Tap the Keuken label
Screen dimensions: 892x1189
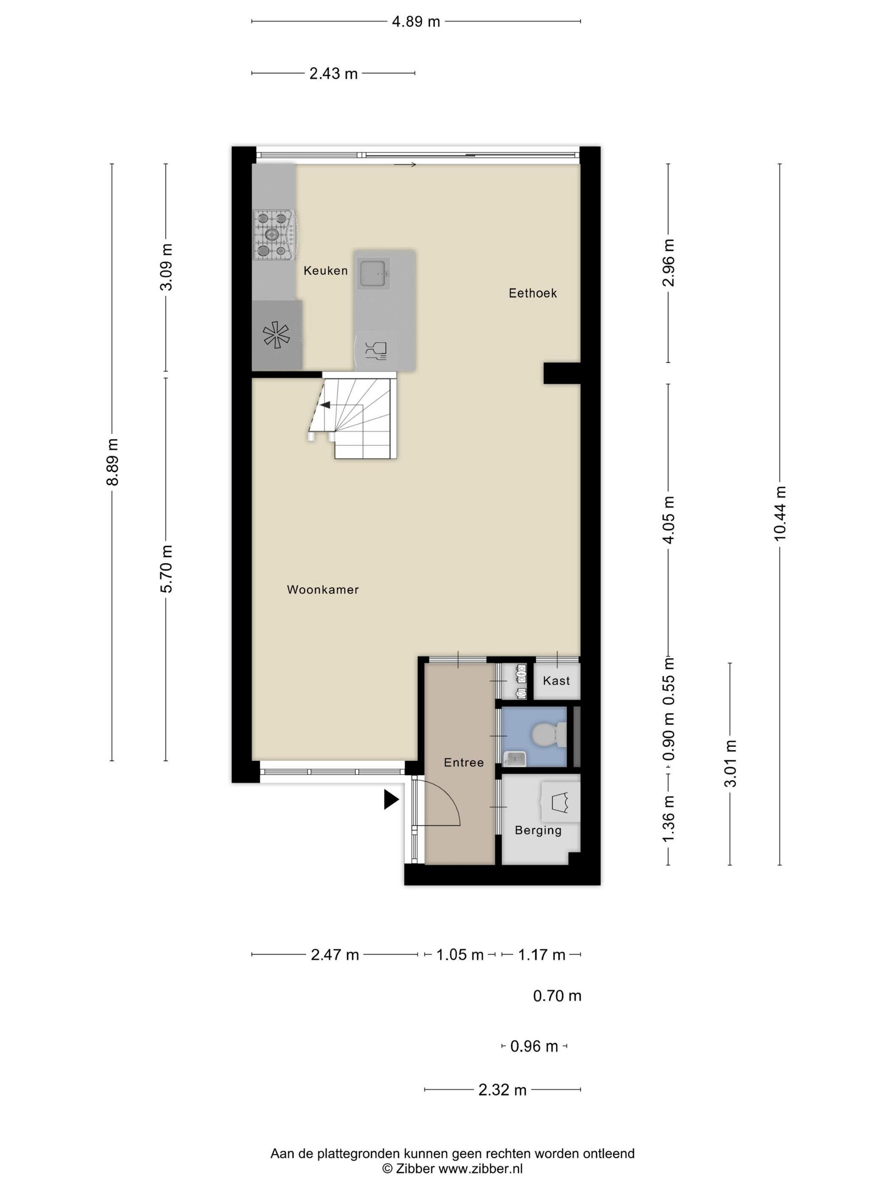(x=326, y=270)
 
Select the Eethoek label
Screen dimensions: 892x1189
(x=533, y=293)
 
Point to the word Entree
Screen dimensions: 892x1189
(x=463, y=762)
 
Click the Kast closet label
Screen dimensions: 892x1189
(x=556, y=681)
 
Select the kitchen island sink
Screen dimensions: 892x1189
(x=375, y=273)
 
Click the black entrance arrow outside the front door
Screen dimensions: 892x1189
(x=390, y=800)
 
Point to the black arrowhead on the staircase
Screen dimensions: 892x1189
(x=325, y=405)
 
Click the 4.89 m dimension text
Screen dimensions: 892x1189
(x=415, y=22)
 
